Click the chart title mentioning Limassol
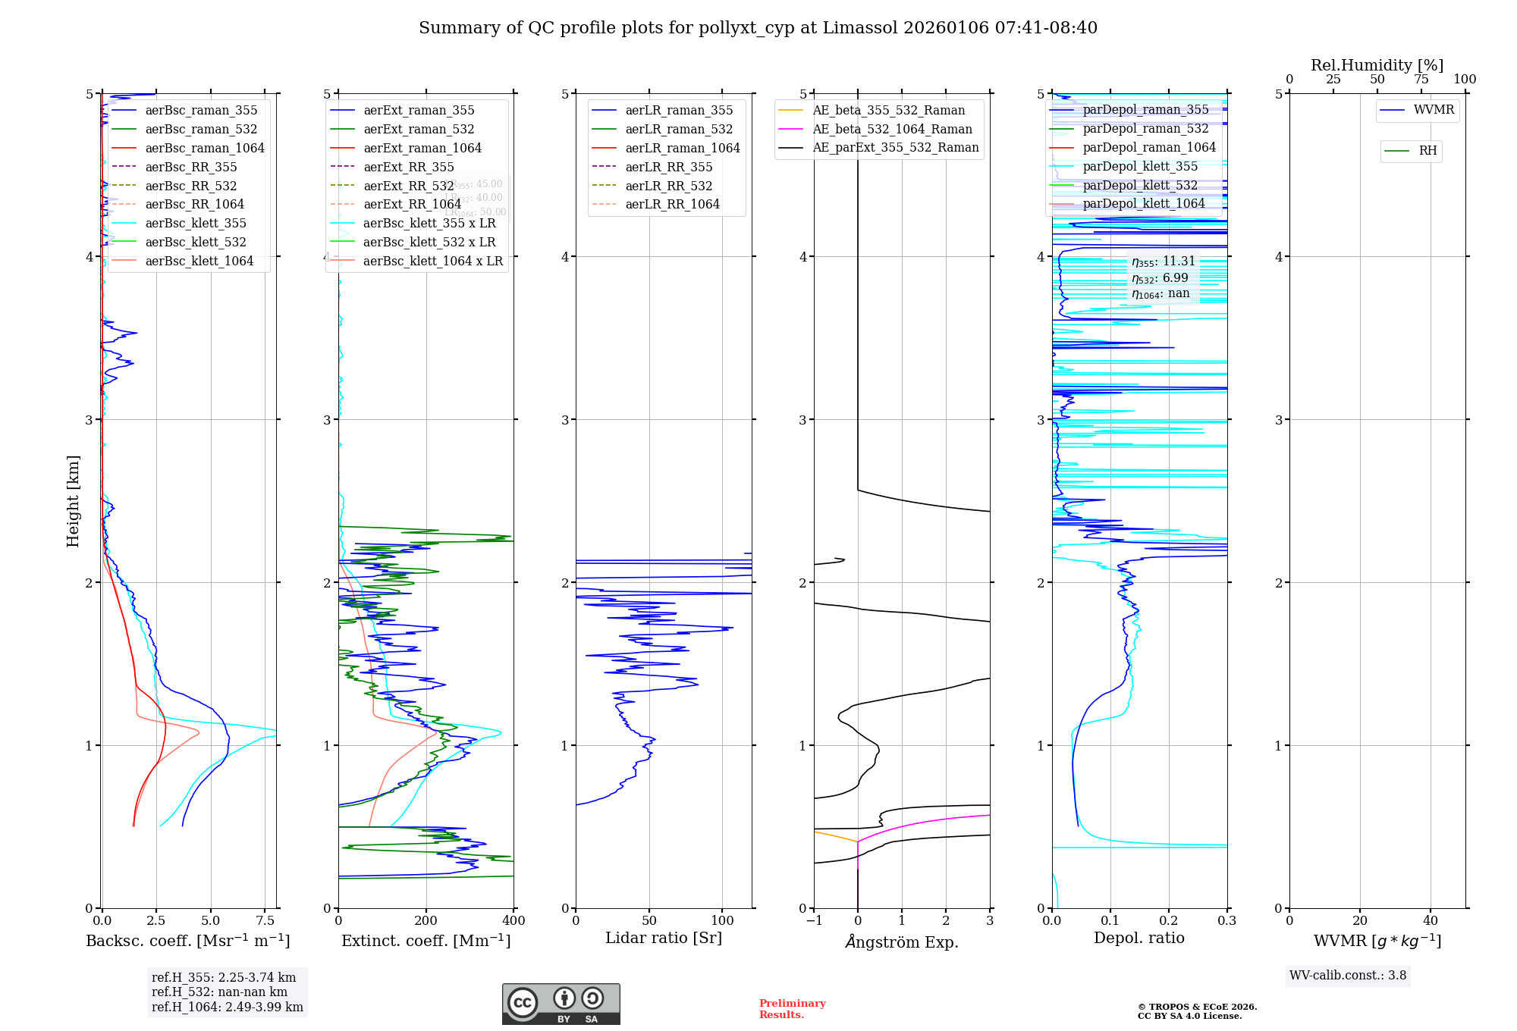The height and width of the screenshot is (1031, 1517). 758,28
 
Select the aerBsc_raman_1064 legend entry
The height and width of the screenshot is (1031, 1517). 205,148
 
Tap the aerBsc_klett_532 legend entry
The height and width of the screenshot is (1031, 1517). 196,242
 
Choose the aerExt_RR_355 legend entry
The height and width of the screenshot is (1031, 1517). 409,167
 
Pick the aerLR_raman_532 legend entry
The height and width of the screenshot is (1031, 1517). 679,129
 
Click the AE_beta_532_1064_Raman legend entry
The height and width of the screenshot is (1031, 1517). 892,129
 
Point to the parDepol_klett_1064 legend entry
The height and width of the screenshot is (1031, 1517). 1144,203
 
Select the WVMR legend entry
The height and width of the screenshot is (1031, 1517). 1434,110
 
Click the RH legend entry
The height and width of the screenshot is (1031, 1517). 1427,151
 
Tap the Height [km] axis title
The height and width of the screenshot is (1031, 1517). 73,500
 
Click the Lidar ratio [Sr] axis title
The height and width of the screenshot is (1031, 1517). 664,938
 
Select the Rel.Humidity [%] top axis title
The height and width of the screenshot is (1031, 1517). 1377,65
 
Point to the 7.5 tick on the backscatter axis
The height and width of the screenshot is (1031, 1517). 265,921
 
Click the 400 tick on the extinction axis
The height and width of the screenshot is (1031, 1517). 514,921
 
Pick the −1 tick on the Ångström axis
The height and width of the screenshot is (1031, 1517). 814,921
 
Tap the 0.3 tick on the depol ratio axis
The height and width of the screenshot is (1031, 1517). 1226,921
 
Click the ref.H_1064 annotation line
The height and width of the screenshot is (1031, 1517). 227,1007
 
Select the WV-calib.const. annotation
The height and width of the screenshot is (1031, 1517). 1347,975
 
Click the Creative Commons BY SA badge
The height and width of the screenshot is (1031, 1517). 561,1004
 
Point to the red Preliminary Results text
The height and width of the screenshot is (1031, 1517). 792,1008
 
